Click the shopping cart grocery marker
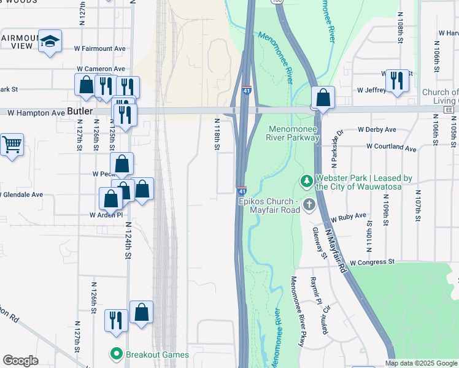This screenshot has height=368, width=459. point(12,145)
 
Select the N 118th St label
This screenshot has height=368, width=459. point(217,134)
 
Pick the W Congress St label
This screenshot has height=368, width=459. point(371,262)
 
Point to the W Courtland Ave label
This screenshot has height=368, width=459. point(391,147)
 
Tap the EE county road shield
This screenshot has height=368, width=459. point(449,109)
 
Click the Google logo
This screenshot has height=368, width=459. point(20,361)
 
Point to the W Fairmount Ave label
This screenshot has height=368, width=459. point(99,48)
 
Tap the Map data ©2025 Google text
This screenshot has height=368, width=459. point(421,363)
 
